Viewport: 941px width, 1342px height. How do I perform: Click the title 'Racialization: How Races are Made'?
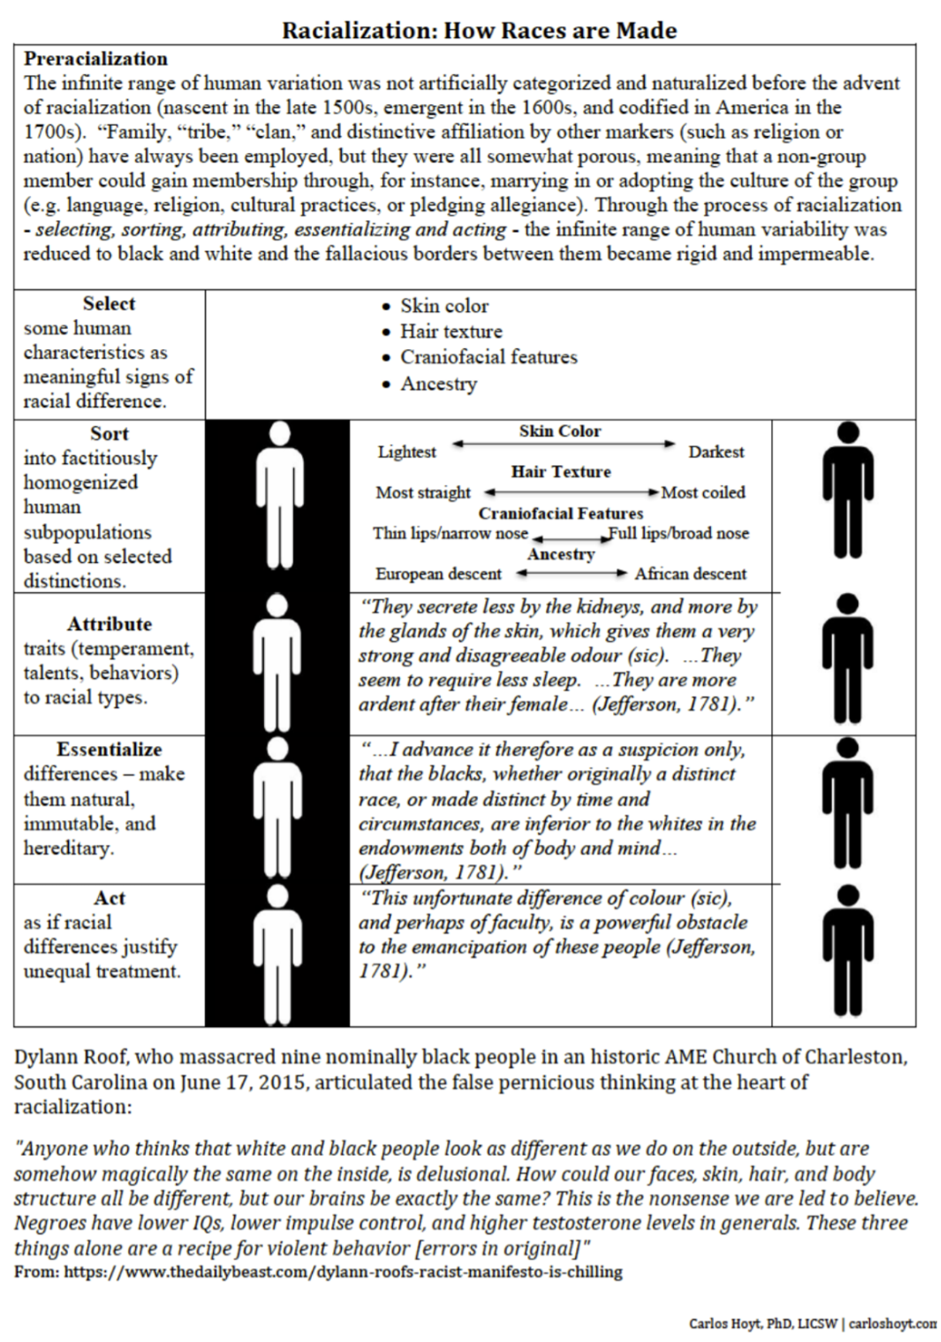coord(479,30)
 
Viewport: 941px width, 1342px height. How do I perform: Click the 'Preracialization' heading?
coord(96,59)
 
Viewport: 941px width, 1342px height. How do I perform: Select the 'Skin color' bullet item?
coord(444,306)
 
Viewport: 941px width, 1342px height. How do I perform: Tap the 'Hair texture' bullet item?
coord(451,331)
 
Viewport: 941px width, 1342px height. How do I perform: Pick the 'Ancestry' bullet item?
coord(438,383)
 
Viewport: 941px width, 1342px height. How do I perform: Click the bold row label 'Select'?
coord(109,303)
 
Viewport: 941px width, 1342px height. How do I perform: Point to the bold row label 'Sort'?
coord(109,433)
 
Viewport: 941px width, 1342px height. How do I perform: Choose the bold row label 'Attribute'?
coord(109,623)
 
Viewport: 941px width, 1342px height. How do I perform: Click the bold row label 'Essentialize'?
coord(109,749)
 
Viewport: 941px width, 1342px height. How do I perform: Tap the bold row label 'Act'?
coord(109,897)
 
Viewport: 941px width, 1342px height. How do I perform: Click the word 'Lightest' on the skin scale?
coord(407,452)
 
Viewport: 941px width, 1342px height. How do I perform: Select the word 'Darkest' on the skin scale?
coord(716,452)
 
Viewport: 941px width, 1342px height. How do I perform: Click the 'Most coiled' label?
coord(703,492)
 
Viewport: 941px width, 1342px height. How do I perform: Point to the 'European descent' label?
coord(438,574)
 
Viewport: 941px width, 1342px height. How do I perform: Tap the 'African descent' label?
coord(691,574)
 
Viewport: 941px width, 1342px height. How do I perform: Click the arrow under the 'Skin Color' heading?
coord(564,443)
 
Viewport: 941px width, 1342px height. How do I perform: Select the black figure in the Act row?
coord(848,950)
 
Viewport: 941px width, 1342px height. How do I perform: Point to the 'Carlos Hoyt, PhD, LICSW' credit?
coord(763,1323)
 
